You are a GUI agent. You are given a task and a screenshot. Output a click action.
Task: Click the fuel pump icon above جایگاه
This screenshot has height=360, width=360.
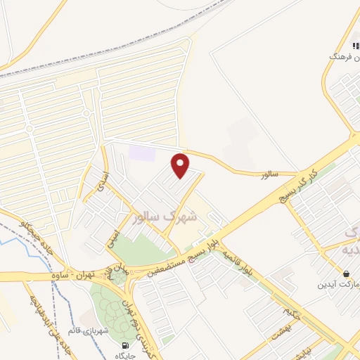(125, 345)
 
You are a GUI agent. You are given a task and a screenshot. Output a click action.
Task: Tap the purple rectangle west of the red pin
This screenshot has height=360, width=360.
(143, 152)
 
